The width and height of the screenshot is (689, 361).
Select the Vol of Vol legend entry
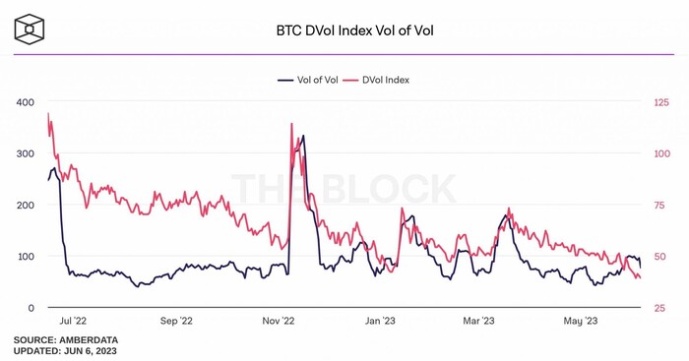coord(311,80)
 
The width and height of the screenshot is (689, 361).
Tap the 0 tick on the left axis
coord(31,308)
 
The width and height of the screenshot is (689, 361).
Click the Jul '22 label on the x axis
coord(73,321)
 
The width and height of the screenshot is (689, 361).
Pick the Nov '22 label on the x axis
coord(279,321)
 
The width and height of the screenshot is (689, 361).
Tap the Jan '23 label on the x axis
coord(380,321)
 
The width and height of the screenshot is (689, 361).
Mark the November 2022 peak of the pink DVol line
coord(291,124)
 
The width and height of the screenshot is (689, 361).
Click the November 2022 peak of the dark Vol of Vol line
coord(302,136)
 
